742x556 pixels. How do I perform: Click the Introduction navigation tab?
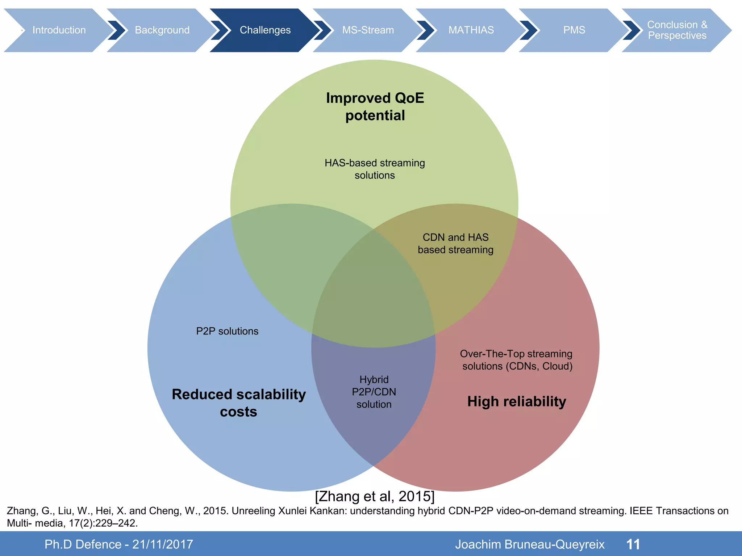point(59,30)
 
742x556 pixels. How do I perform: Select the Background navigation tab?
point(162,30)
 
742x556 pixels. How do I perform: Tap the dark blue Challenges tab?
point(265,30)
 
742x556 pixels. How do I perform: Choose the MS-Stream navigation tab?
point(368,30)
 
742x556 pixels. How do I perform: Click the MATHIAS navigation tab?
point(471,30)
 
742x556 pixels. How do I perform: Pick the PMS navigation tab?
point(574,30)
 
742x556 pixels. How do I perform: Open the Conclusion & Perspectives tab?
point(677,30)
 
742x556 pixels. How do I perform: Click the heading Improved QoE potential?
point(375,107)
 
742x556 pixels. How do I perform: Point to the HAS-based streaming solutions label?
point(375,169)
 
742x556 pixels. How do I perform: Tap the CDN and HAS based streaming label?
point(455,244)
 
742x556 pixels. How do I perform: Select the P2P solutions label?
point(227,331)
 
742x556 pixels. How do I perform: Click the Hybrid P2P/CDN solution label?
point(374,392)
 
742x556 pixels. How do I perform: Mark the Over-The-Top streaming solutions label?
point(516,360)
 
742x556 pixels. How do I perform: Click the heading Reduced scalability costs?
point(239,403)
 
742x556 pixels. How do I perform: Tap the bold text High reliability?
point(517,401)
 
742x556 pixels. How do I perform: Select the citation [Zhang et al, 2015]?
point(375,496)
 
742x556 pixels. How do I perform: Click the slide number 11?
point(633,544)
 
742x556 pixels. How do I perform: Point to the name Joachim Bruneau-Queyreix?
point(530,544)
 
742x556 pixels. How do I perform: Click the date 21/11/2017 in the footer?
point(163,544)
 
